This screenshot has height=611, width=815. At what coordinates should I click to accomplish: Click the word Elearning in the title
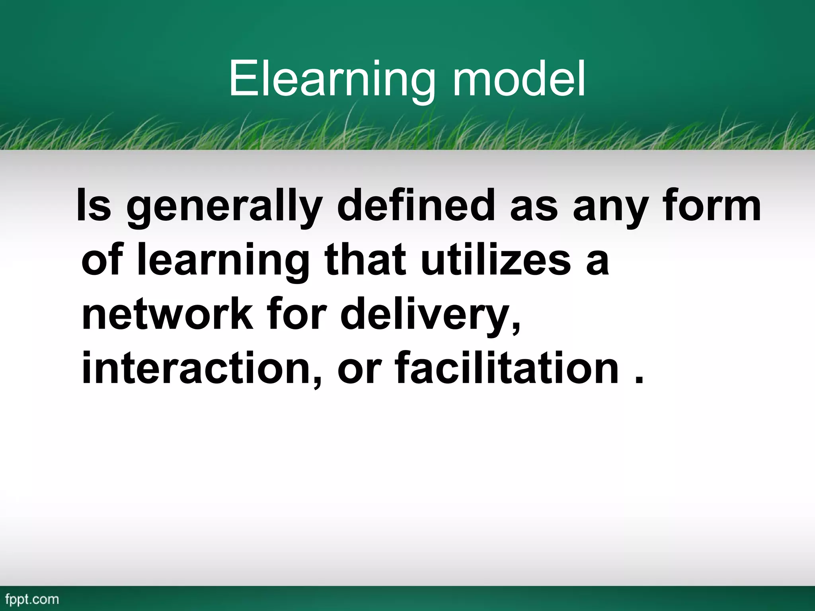tap(332, 80)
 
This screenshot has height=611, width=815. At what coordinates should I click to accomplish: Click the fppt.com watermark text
tap(32, 599)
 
